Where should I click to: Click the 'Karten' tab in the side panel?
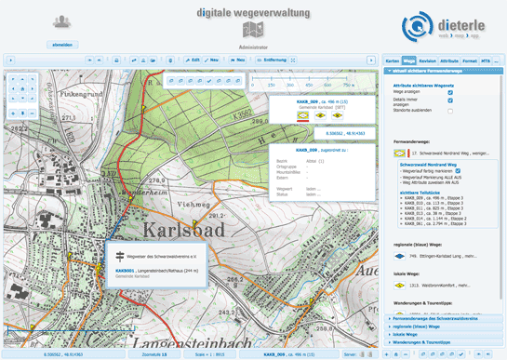click(392, 60)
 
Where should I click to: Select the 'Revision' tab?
click(429, 60)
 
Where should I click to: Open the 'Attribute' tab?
click(450, 60)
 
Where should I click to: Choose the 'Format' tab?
click(471, 60)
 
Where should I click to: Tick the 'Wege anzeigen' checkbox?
click(476, 91)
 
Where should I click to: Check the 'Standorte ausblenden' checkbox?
click(476, 111)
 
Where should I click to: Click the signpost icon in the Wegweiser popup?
click(118, 256)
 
